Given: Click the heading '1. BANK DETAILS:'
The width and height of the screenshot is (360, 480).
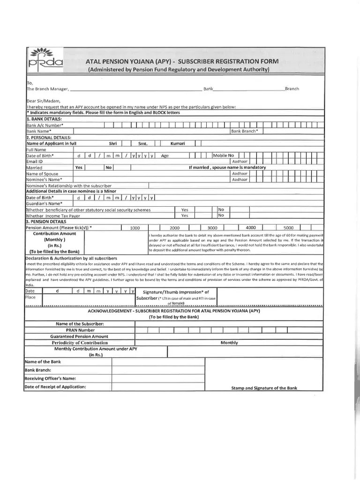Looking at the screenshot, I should (45, 119).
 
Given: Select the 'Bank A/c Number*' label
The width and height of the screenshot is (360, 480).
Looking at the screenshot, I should (45, 126).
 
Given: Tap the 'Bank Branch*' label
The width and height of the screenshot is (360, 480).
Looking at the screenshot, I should (244, 131).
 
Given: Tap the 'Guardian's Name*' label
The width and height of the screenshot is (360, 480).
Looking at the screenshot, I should (44, 204).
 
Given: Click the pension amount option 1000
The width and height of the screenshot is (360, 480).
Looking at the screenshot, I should (135, 228).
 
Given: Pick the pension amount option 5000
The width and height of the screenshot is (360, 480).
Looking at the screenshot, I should (288, 228).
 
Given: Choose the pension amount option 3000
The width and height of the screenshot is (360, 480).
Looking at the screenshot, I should (212, 228).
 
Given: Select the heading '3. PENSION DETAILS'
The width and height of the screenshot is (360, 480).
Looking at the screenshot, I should (46, 222).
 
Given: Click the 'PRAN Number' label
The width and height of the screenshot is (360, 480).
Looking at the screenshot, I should (80, 330).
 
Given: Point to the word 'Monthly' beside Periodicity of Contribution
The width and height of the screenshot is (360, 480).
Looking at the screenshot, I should (229, 343).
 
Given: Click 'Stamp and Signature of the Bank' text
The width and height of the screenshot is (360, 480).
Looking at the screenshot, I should (264, 388).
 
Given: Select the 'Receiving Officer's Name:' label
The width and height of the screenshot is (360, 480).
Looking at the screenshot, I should (50, 378).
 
